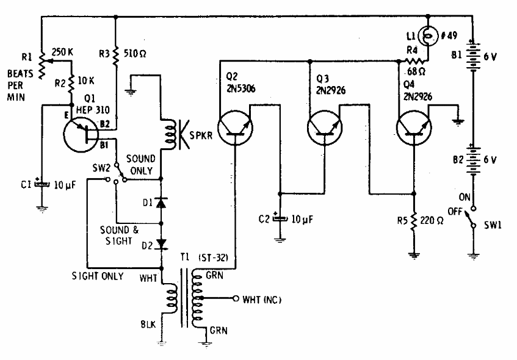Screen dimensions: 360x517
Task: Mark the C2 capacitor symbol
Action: click(x=281, y=218)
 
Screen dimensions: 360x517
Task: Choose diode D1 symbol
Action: click(x=162, y=201)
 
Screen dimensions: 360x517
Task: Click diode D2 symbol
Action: click(x=162, y=244)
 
